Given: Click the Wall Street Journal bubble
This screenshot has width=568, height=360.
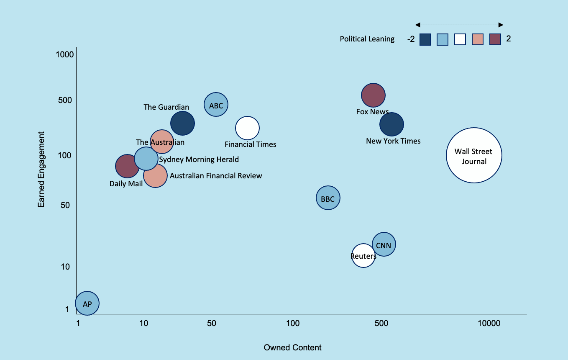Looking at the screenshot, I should point(474,155).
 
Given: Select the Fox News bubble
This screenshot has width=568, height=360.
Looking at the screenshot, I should point(373,95).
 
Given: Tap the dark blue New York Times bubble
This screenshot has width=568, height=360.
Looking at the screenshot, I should point(391,124).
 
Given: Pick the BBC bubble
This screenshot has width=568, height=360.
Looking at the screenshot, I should point(328,198).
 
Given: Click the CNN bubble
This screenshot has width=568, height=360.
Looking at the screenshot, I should point(384,244).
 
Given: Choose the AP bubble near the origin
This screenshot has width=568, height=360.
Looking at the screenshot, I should point(87,303).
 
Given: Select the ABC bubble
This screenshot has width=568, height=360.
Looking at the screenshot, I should point(216,105).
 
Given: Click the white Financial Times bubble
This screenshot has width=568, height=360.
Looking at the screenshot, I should point(247,128).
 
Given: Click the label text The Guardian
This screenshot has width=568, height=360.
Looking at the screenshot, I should point(166,107).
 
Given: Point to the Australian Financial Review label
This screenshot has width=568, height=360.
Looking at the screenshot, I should point(216,176).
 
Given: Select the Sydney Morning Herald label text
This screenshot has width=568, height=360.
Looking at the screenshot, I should point(199,159).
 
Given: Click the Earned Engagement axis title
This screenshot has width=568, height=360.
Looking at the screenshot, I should point(41,169).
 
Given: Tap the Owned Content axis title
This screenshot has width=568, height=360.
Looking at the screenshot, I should point(292,347).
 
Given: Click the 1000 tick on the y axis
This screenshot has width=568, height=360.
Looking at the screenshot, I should point(65,55).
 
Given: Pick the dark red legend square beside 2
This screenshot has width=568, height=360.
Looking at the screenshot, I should point(496,39).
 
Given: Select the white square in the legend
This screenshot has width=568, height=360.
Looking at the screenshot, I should point(460,39).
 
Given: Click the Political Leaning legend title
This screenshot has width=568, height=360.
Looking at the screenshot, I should point(367,39).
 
